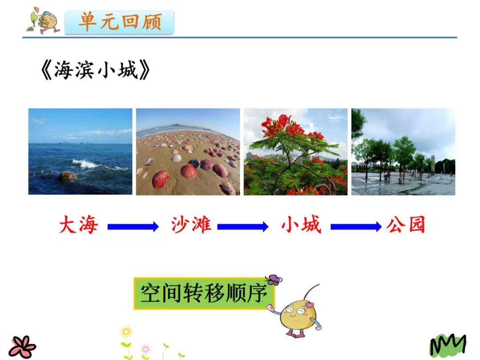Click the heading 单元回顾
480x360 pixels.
coord(120,22)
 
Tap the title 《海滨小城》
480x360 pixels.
coord(96,70)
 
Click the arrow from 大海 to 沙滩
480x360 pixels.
coord(133,227)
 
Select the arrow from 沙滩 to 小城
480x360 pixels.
coord(243,227)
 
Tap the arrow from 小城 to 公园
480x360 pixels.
coord(356,227)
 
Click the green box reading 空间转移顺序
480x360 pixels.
coord(204,294)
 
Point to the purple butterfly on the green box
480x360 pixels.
coord(274,280)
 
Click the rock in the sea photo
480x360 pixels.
coord(68,176)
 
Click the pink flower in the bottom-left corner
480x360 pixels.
coord(22,346)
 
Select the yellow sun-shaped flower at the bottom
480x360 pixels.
coord(126,332)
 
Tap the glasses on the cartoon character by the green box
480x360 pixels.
coord(299,311)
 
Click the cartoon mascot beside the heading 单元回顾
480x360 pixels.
coord(45,21)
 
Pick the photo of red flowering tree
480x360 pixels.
coord(296,152)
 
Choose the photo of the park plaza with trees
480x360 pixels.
coord(403,152)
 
